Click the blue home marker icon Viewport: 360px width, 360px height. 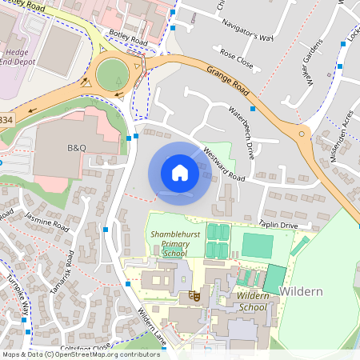click(x=179, y=173)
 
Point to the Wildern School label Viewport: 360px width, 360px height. click(x=253, y=302)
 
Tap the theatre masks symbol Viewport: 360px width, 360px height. click(x=193, y=296)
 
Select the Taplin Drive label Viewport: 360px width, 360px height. click(x=278, y=226)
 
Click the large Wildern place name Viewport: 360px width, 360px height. click(x=301, y=291)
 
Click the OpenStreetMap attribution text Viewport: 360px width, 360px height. click(x=80, y=354)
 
